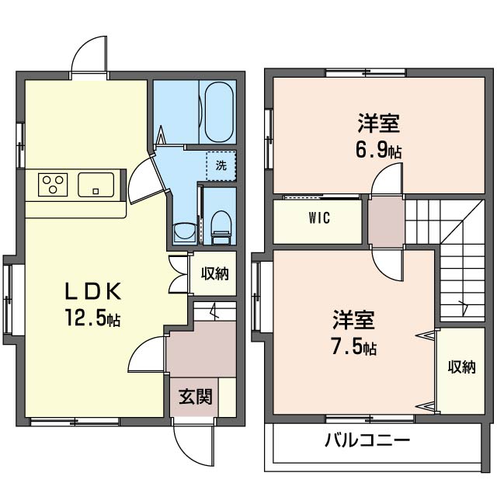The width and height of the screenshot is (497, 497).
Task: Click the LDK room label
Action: [x=92, y=291]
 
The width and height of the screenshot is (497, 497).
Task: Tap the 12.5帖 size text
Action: [x=92, y=318]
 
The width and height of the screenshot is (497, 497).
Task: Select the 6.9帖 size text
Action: [x=379, y=150]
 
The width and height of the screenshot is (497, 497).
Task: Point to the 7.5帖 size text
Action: [x=354, y=347]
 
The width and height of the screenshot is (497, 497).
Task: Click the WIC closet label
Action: [x=318, y=218]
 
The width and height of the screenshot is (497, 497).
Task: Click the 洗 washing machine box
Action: [x=221, y=165]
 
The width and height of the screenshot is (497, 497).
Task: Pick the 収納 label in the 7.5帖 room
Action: [x=461, y=368]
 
